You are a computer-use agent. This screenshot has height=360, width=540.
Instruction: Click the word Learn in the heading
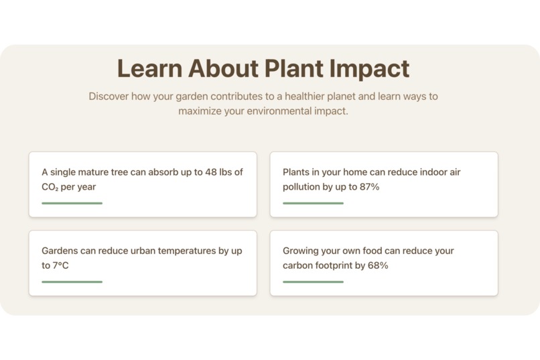149,69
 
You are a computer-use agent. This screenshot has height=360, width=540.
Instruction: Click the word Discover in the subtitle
109,97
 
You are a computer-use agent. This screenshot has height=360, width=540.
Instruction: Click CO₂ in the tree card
50,187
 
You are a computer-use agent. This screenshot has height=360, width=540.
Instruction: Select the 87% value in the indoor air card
369,187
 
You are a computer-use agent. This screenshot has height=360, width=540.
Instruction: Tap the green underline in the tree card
72,203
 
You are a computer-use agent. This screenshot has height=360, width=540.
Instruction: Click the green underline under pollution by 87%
313,203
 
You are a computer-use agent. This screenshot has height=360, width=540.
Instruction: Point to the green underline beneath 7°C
72,282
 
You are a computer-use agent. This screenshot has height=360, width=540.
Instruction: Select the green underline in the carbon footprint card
313,282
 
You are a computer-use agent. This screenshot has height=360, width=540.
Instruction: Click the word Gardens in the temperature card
60,251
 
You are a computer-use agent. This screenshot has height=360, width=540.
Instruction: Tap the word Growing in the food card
300,251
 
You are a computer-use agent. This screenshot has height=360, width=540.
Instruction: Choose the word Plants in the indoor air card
295,172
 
